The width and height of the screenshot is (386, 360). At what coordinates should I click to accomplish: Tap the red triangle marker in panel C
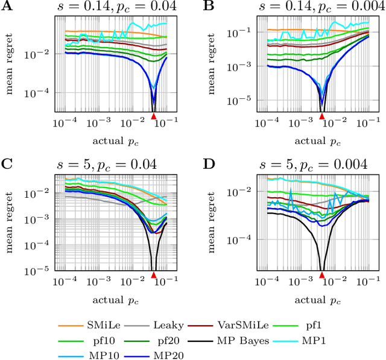[x=153, y=275]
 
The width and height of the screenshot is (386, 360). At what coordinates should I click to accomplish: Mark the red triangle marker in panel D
[x=322, y=275]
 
